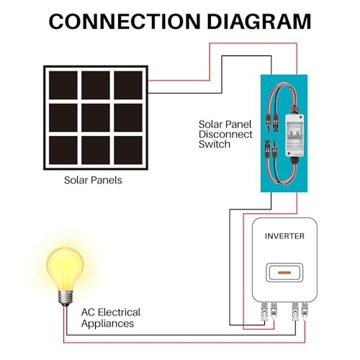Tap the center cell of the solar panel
96,117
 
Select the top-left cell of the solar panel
63,84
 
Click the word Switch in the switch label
214,145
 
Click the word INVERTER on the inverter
284,236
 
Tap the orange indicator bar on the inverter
284,274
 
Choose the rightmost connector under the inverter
305,311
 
